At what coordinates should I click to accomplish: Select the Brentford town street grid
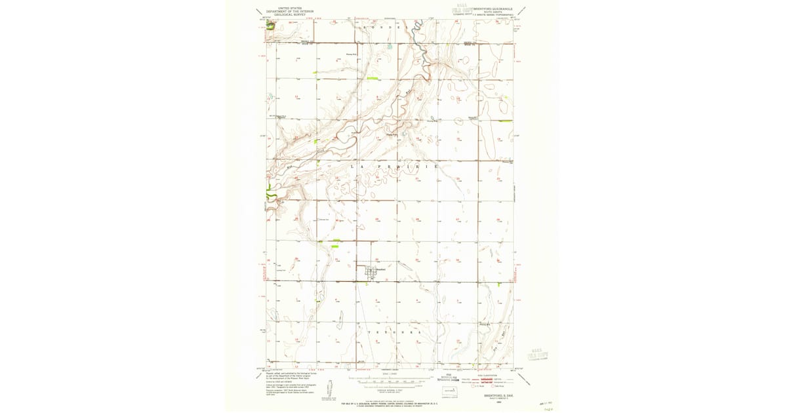click(373, 270)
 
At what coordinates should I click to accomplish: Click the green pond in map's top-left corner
click(270, 26)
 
